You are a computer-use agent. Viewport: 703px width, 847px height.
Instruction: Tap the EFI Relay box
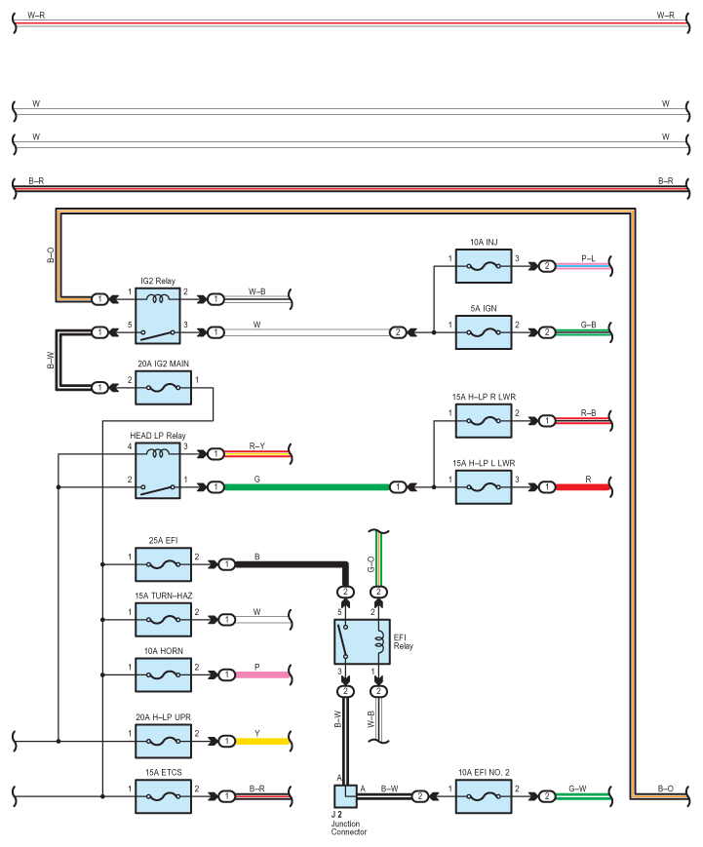click(x=362, y=641)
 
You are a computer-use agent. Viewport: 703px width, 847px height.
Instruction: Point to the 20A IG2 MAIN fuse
click(x=163, y=387)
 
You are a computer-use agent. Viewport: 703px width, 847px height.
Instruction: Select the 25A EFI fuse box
click(x=163, y=563)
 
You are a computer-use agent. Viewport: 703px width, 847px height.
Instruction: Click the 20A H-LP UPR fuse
click(x=163, y=741)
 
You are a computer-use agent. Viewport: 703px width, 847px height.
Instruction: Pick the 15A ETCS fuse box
click(x=163, y=795)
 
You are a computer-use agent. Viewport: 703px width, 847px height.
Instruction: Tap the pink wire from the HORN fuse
click(x=263, y=674)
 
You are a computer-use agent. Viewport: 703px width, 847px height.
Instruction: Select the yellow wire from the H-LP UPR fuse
click(x=263, y=741)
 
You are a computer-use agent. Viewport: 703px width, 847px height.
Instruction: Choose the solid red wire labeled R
click(x=585, y=485)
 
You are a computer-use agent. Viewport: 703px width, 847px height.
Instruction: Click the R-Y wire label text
click(x=257, y=445)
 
